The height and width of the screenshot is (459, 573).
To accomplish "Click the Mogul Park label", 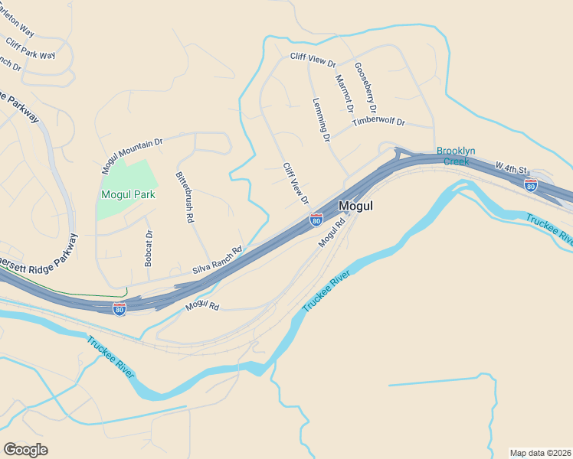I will (x=128, y=194).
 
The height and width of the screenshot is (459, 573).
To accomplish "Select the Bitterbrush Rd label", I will (x=185, y=197).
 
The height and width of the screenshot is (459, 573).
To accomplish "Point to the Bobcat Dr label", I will (x=149, y=249).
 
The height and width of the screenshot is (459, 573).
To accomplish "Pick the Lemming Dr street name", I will (x=321, y=120).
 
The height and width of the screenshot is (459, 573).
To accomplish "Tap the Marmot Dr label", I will (x=342, y=90).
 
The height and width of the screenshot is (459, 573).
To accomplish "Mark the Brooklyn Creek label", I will (x=456, y=156).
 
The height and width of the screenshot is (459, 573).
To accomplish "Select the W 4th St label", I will (x=512, y=168).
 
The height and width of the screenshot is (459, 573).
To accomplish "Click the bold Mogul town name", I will (x=355, y=206).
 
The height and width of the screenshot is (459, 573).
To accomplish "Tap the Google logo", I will (x=25, y=450).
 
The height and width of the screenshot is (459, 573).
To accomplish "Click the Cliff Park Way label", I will (x=30, y=49).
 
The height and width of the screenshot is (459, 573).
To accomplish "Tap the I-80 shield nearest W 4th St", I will (x=530, y=184).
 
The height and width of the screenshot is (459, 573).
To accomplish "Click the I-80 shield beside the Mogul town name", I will (x=316, y=220).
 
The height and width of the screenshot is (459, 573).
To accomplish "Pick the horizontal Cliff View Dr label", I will (x=313, y=57).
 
